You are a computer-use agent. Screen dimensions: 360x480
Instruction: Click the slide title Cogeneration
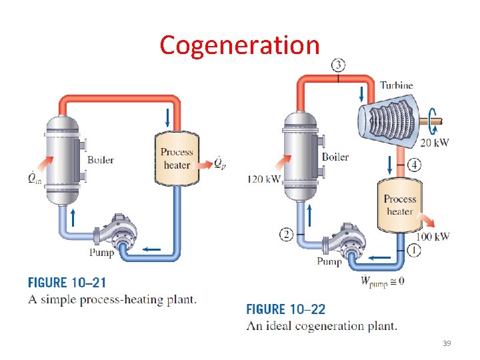(x=240, y=45)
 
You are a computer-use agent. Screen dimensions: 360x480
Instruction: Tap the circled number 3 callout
(x=338, y=65)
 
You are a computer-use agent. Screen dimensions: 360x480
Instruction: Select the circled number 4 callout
(x=415, y=164)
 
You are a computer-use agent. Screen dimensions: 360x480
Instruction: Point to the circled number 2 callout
(x=287, y=233)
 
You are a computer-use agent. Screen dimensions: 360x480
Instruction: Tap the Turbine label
(x=397, y=85)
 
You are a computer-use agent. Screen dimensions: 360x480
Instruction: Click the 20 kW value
(x=434, y=142)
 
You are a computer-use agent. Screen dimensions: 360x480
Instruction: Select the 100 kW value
(x=433, y=236)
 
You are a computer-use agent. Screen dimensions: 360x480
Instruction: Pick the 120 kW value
(x=263, y=179)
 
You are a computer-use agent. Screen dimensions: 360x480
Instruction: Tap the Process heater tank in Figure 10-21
(x=176, y=158)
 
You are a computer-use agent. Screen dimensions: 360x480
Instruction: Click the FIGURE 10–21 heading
(x=67, y=283)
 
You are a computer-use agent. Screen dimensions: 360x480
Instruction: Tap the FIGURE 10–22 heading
(x=286, y=309)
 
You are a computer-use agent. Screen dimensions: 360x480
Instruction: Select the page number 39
(x=446, y=343)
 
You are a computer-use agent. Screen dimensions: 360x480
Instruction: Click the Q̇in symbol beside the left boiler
(x=33, y=178)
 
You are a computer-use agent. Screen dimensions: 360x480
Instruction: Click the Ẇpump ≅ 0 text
(x=382, y=280)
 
